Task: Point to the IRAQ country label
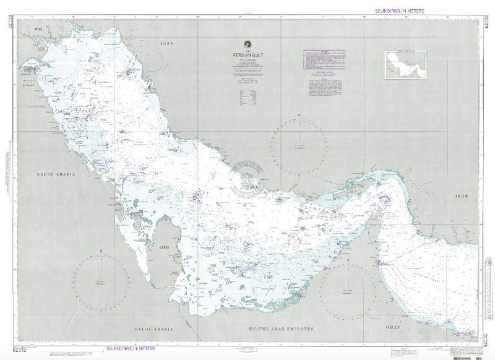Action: point(40,29)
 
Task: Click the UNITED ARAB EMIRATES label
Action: point(281,328)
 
